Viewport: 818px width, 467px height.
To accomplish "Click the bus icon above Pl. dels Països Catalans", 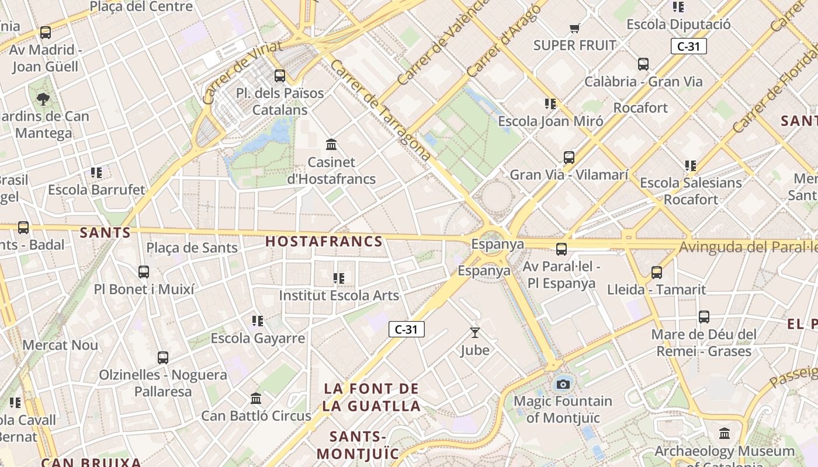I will click(x=280, y=75).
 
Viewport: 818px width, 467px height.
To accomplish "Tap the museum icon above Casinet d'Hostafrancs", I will click(x=331, y=144).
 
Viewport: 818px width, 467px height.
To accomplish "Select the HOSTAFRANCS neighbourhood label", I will click(x=324, y=241).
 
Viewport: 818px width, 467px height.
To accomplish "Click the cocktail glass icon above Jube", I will click(x=475, y=333).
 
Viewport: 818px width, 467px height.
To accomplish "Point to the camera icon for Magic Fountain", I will click(x=563, y=384).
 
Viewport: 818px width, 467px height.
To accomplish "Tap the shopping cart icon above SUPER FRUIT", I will click(x=574, y=28).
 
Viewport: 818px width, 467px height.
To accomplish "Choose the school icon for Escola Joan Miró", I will click(x=550, y=104).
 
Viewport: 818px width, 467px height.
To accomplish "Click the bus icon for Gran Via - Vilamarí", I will click(x=569, y=157).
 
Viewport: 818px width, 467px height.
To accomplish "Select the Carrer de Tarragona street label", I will click(x=380, y=110).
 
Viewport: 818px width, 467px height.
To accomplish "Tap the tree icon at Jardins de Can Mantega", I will click(x=43, y=99).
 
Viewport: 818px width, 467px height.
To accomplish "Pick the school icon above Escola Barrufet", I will click(x=96, y=172).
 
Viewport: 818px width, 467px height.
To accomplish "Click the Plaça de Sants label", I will click(x=192, y=248).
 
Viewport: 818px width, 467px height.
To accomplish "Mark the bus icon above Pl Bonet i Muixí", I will click(x=144, y=271).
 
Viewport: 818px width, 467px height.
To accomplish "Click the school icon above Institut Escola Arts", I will click(x=339, y=278).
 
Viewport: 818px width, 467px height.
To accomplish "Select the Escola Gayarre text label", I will click(x=258, y=338).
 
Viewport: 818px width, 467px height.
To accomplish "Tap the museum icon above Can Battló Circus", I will click(x=256, y=398).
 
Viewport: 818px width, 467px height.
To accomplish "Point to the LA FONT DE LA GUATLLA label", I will click(x=372, y=397).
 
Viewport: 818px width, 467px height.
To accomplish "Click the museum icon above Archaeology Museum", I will click(x=725, y=433).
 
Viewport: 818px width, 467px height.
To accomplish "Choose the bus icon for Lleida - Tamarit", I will click(x=657, y=272).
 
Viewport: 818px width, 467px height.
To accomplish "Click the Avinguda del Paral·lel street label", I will click(x=748, y=248).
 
